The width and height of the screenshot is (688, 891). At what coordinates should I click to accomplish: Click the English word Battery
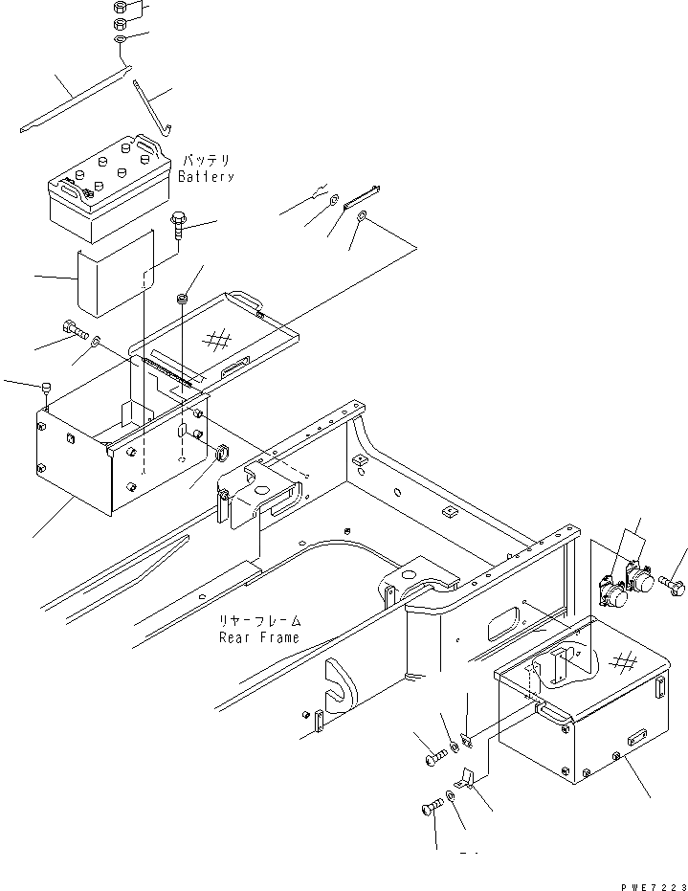click(206, 177)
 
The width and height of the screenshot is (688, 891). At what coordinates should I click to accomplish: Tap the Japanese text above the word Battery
click(206, 161)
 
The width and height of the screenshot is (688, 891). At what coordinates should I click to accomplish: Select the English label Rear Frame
click(258, 636)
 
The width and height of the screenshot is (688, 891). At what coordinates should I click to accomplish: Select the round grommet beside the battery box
click(218, 453)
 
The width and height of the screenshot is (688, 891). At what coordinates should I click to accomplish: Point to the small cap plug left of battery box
click(46, 388)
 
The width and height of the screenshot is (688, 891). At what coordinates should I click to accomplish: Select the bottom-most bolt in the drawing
click(432, 809)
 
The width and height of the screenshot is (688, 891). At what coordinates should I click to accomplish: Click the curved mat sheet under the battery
click(115, 271)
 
